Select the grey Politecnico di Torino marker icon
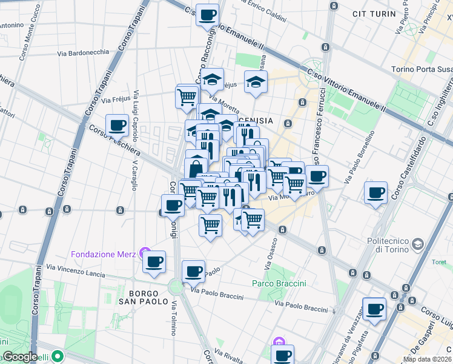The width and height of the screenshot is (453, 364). coord(417,244)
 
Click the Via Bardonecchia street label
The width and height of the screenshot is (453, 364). coord(83,53)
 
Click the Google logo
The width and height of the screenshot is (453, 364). coord(19,357)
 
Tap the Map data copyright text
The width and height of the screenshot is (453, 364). coord(428,359)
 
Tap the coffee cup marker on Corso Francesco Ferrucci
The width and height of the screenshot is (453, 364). coord(316,176)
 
